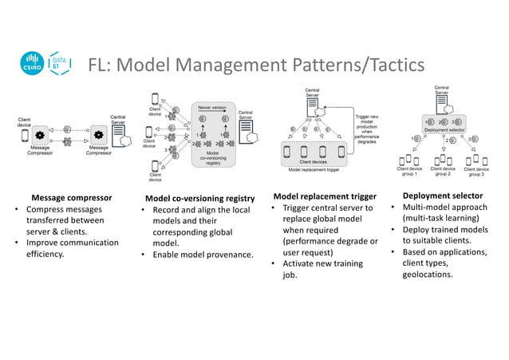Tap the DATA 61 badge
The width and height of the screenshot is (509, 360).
(59, 64)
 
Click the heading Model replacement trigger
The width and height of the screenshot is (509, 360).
(325, 196)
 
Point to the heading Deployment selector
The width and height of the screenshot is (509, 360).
(443, 196)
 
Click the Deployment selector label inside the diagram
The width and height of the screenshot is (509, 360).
(444, 129)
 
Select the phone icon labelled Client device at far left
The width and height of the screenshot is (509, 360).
(25, 136)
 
